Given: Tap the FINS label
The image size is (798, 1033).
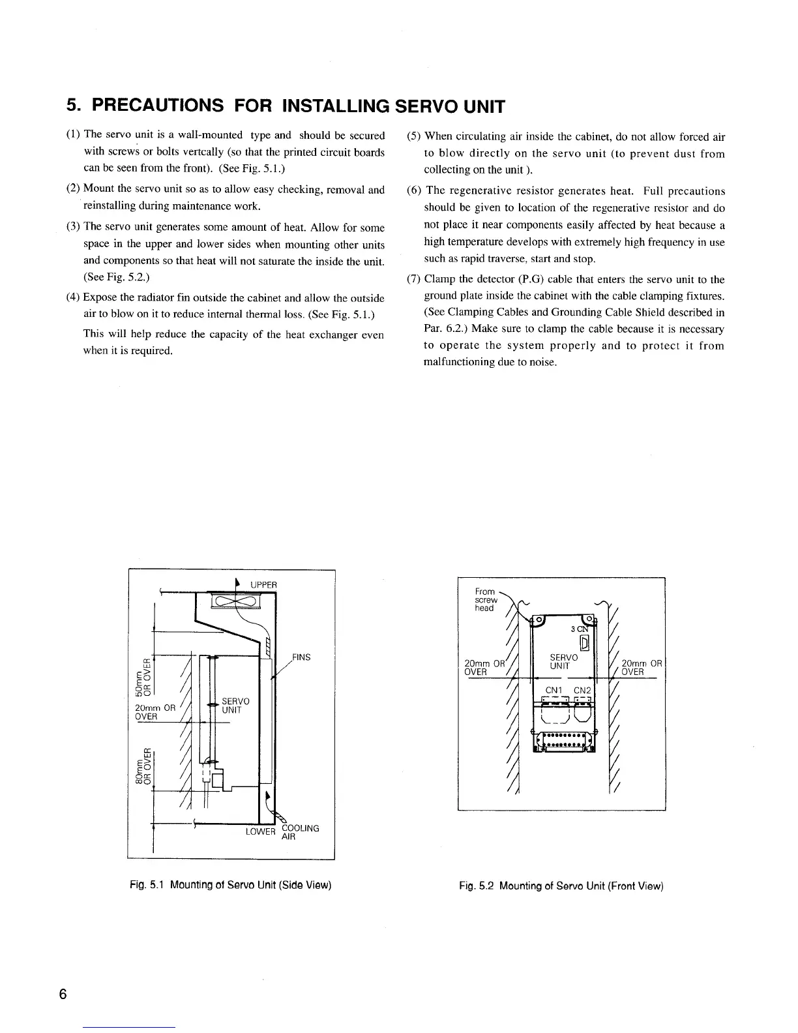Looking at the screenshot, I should click(301, 657).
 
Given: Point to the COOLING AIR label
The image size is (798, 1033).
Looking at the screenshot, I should click(300, 833).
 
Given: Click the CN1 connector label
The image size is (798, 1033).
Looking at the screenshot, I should click(554, 691).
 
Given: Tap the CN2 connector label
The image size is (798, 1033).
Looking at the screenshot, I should click(582, 691).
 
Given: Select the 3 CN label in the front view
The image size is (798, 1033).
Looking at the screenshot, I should click(578, 629).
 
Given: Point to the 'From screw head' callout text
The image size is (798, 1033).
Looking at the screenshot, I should click(486, 600).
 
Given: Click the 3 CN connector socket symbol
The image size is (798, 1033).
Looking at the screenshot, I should click(585, 643).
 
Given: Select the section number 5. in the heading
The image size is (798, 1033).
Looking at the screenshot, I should click(74, 105).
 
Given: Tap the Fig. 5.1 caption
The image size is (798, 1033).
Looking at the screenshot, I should click(230, 885).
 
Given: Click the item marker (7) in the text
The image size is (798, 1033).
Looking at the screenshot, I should click(413, 280).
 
